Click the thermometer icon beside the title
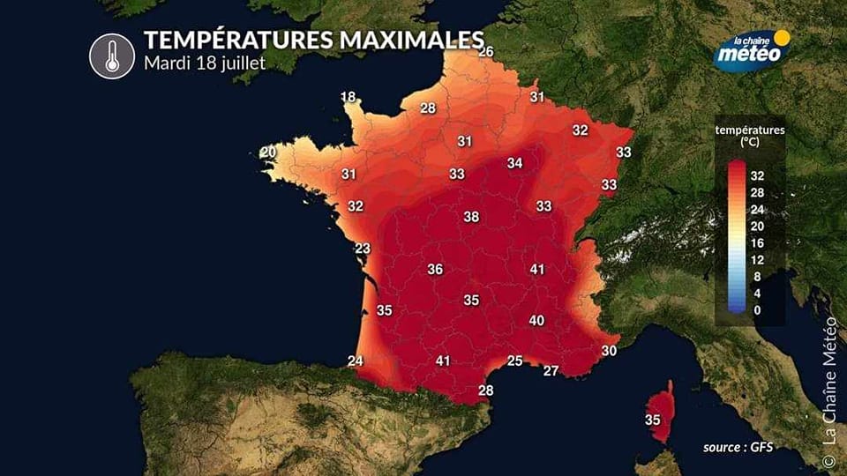(x=112, y=55)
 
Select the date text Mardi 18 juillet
(x=204, y=64)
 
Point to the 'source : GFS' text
(x=738, y=448)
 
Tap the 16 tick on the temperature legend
(x=758, y=242)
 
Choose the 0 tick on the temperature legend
(x=758, y=309)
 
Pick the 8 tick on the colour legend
(x=758, y=276)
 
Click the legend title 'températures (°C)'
(x=749, y=136)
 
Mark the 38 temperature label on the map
(x=471, y=217)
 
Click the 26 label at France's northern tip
(x=485, y=52)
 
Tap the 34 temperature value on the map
(x=514, y=163)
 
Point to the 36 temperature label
(x=435, y=269)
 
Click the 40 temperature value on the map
(x=536, y=320)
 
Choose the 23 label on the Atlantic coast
(x=363, y=249)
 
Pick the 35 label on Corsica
(x=653, y=420)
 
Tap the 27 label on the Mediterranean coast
(x=551, y=370)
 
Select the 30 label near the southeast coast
(x=609, y=350)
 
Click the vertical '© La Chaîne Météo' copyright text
(x=828, y=392)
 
